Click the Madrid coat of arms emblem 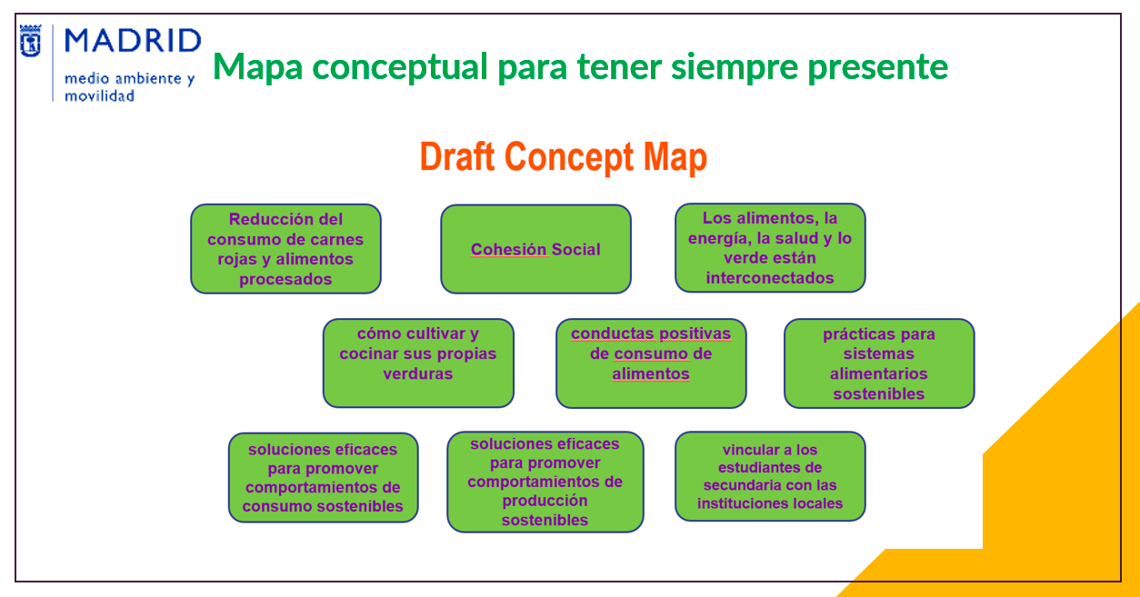point(31,41)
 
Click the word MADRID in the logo point(133,41)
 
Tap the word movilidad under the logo point(99,95)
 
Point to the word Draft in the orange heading point(457,156)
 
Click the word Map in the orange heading point(675,157)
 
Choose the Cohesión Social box point(535,249)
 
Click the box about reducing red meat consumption point(285,249)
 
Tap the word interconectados point(769,278)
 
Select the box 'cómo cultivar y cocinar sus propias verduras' point(418,363)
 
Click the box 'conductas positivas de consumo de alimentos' point(651,363)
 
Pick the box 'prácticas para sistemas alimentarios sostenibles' point(879,363)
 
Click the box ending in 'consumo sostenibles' point(323,477)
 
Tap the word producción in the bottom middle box point(545,501)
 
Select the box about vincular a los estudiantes point(770,476)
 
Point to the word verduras point(418,373)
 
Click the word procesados point(285,279)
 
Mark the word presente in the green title point(878,67)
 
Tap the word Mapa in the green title point(258,67)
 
